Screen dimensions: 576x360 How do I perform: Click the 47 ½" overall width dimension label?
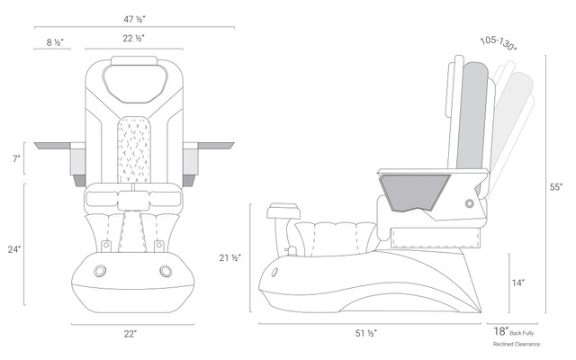pos(134,19)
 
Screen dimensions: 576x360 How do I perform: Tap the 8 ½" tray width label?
pos(55,42)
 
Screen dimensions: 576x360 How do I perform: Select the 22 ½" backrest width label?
pos(133,38)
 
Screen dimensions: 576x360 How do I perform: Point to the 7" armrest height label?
pos(16,158)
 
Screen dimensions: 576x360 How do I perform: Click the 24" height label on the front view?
pos(14,249)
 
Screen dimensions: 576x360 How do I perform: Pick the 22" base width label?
pos(130,334)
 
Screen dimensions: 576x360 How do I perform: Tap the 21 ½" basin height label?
pos(230,258)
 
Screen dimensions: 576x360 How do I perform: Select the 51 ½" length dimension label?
pos(366,333)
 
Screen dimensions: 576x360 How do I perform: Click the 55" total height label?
pos(556,187)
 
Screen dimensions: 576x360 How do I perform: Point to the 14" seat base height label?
pos(518,283)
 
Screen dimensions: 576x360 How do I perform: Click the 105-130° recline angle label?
pos(499,44)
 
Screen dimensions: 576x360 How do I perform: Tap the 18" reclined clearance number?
pos(501,331)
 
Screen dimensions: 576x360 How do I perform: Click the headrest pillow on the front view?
pos(135,84)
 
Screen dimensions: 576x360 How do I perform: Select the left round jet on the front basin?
pos(100,271)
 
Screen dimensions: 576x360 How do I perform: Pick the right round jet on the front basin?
pos(166,271)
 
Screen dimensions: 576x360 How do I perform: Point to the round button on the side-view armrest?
pos(470,203)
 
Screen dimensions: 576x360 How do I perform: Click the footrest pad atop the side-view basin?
pos(283,211)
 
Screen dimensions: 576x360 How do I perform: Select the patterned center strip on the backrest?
pos(134,149)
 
